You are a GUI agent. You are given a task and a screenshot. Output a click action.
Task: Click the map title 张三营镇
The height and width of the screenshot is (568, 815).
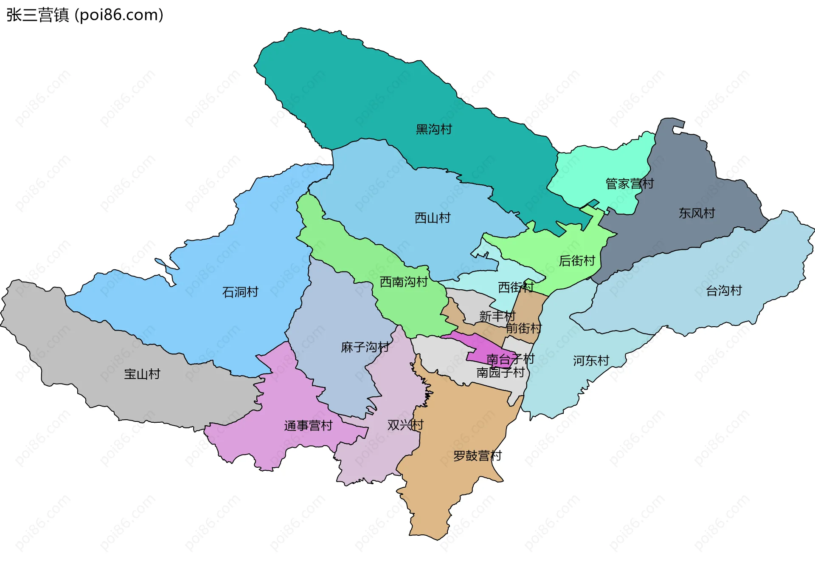click(37, 15)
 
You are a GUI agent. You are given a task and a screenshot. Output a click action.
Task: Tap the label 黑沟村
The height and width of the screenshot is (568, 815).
click(434, 129)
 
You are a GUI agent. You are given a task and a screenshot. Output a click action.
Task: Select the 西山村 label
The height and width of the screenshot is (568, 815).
click(433, 218)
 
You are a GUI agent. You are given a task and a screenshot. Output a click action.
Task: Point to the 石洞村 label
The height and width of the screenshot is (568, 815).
click(240, 292)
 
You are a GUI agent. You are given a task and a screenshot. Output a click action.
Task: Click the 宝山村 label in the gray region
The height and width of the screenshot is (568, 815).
click(142, 374)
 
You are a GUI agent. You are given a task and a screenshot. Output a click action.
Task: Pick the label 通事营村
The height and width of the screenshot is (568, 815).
click(308, 425)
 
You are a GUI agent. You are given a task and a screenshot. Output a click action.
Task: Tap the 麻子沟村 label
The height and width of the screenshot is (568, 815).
click(365, 347)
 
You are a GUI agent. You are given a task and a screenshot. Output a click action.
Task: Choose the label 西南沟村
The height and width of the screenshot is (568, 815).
click(404, 282)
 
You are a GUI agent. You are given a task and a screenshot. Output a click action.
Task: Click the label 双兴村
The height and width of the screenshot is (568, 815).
click(405, 424)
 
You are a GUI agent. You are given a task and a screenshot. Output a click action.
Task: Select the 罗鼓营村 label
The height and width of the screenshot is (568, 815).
click(478, 455)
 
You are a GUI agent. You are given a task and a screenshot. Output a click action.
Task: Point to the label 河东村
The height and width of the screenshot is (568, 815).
click(591, 361)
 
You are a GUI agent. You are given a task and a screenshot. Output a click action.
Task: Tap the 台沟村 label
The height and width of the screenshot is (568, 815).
click(724, 291)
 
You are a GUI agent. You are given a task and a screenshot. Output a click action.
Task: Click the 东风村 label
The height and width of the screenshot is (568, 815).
click(697, 213)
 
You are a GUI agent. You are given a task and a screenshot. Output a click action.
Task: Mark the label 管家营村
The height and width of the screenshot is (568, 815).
click(630, 184)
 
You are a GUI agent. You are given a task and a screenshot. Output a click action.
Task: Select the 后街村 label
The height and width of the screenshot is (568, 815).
click(577, 260)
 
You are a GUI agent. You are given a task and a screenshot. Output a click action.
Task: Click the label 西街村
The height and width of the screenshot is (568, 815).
click(515, 287)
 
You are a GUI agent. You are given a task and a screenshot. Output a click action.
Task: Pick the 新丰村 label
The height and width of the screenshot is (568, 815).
click(497, 316)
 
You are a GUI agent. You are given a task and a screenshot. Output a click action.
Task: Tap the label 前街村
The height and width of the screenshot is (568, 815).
click(523, 328)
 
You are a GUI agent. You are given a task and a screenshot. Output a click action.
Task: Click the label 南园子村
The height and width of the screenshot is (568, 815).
click(500, 373)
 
